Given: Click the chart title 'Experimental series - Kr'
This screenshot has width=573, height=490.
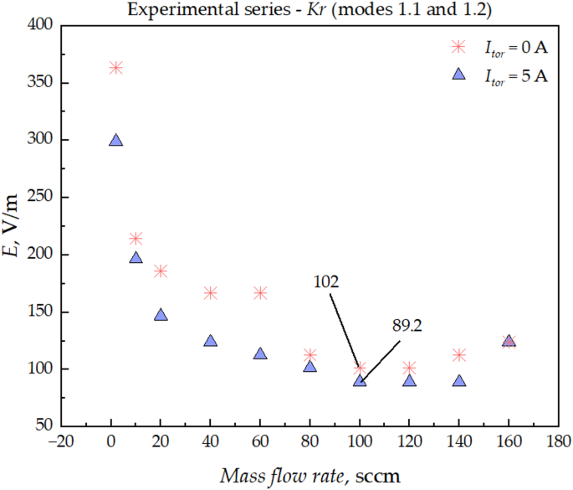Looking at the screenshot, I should point(286,9).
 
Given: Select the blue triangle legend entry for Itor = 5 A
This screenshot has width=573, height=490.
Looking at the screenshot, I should point(458,75).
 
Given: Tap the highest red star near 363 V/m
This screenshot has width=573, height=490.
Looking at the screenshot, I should point(115,68).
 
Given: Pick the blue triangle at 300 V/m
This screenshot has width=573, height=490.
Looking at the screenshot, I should point(115,141).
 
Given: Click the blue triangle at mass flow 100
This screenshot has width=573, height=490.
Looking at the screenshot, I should point(360,380).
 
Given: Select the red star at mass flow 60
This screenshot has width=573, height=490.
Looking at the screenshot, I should point(260,293).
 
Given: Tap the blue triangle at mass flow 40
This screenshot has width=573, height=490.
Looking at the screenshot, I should point(210,341).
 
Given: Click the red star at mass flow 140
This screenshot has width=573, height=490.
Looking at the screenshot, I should point(459,355).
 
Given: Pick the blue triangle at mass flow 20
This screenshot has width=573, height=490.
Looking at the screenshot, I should point(161,315).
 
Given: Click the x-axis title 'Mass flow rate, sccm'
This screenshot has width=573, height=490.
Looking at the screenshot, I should point(310,476).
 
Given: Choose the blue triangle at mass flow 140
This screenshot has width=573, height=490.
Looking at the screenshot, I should point(459,380).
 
